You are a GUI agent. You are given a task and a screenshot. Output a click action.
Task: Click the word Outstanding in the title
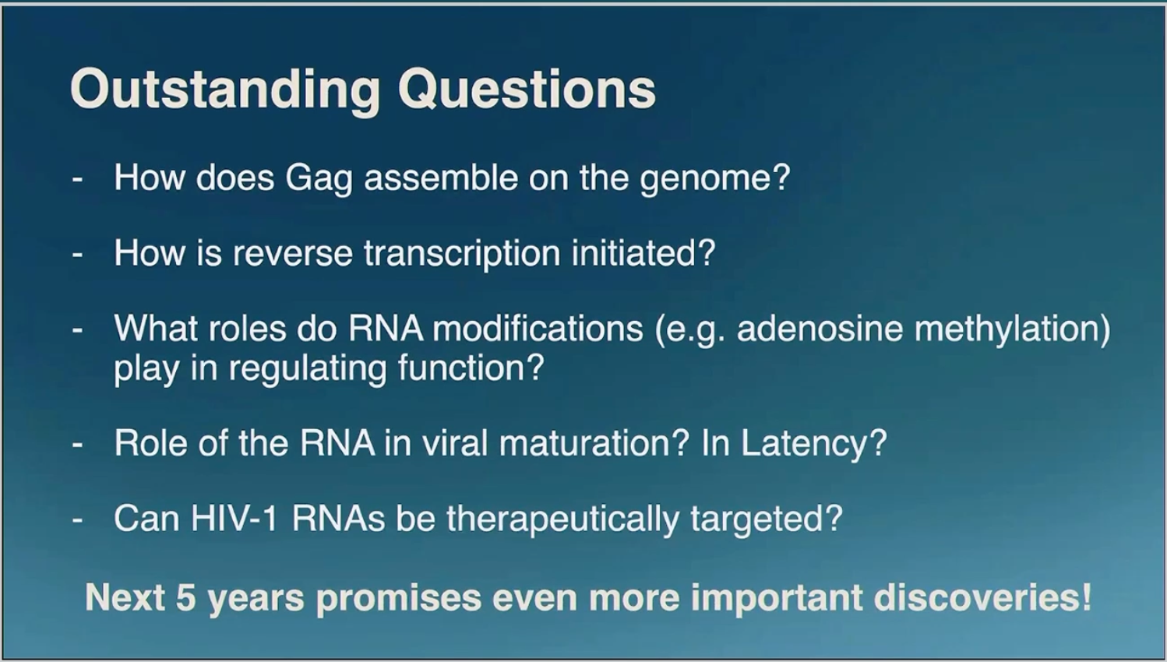[x=225, y=90]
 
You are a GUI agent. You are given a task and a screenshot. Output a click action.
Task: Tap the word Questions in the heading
[x=527, y=90]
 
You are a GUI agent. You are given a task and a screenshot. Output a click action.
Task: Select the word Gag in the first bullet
[x=319, y=179]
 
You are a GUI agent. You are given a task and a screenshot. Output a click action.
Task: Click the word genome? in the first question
[x=715, y=179]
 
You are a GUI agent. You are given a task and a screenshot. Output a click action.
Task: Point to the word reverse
[x=293, y=254]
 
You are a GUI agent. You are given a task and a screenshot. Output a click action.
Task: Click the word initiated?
[x=643, y=252]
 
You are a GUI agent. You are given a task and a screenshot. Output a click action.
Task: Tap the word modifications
[x=538, y=328]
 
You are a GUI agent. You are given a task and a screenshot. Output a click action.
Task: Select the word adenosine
[x=820, y=329]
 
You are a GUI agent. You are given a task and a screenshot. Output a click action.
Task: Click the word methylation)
[x=1012, y=329]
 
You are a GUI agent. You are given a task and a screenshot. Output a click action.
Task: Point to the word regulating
[x=308, y=368]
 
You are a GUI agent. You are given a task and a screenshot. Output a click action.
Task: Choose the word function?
[x=471, y=367]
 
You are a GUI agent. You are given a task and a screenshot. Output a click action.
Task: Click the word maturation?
[x=594, y=443]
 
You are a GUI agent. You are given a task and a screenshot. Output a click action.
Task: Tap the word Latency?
[x=814, y=444]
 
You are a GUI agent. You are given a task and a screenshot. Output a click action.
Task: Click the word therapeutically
[x=562, y=519]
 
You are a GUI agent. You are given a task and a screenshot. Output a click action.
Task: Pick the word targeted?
[x=767, y=519]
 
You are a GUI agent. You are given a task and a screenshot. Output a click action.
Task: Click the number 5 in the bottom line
[x=186, y=597]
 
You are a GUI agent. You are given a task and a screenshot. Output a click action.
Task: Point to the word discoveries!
[x=982, y=597]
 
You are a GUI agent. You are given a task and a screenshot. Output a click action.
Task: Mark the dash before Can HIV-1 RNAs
[x=78, y=519]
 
